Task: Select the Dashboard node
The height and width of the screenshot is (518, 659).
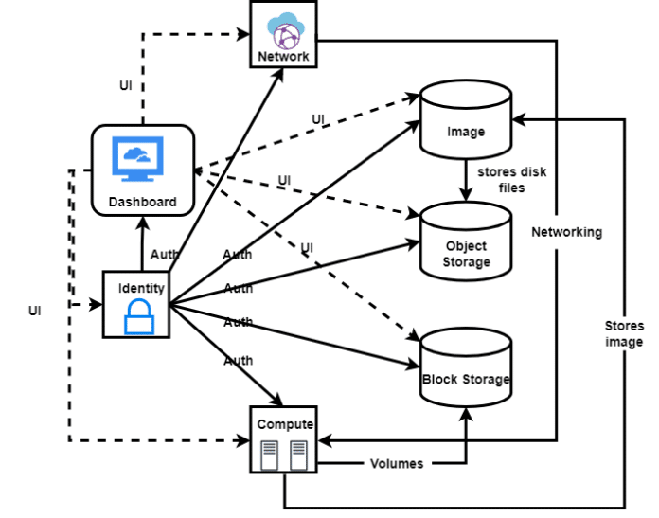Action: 143,170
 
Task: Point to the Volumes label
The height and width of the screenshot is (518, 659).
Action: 396,464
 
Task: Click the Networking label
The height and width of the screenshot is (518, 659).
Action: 566,232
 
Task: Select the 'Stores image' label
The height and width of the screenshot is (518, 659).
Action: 623,333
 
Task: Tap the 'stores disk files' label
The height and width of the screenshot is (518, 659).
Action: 511,180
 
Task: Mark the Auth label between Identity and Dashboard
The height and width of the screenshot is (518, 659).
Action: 165,254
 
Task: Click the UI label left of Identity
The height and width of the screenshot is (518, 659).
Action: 35,309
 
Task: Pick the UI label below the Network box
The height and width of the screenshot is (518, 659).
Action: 124,85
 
